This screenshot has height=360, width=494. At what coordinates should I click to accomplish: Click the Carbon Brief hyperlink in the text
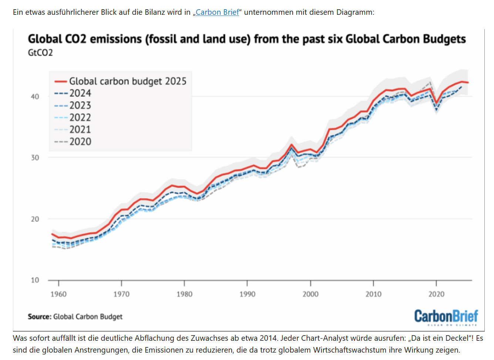pyautogui.click(x=217, y=12)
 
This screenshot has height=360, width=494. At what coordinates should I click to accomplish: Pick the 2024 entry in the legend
pyautogui.click(x=80, y=93)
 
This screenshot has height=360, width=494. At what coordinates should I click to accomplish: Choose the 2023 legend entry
pyautogui.click(x=80, y=105)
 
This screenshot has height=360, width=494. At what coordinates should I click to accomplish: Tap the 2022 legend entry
pyautogui.click(x=80, y=117)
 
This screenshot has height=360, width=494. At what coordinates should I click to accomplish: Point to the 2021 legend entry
pyautogui.click(x=80, y=129)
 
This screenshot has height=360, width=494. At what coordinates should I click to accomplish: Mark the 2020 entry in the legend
pyautogui.click(x=80, y=141)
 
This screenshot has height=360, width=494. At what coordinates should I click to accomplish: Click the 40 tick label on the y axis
pyautogui.click(x=35, y=97)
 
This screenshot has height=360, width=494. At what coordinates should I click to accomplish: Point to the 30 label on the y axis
pyautogui.click(x=35, y=158)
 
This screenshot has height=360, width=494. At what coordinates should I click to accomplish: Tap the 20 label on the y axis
pyautogui.click(x=35, y=219)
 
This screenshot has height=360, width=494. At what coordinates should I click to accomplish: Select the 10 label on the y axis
pyautogui.click(x=35, y=280)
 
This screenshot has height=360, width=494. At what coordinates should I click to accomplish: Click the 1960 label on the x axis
pyautogui.click(x=58, y=294)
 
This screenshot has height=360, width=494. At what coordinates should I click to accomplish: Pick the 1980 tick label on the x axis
pyautogui.click(x=184, y=294)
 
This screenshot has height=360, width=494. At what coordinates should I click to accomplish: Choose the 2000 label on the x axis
pyautogui.click(x=310, y=294)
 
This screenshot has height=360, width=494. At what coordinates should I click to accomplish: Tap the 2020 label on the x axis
pyautogui.click(x=436, y=294)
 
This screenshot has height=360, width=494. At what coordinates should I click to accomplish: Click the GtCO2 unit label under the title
pyautogui.click(x=40, y=53)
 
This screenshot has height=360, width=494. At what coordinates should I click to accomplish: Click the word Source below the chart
pyautogui.click(x=39, y=317)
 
